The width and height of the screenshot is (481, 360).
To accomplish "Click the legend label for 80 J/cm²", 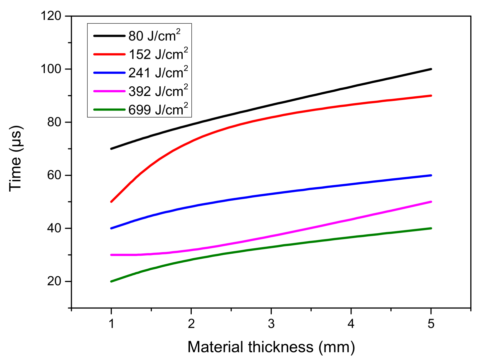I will point(154,36).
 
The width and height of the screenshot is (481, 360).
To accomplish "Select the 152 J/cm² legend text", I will point(158,54).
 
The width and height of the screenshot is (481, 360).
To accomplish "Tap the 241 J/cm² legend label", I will point(158,72).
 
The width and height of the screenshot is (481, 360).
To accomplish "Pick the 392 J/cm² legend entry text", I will point(158,91).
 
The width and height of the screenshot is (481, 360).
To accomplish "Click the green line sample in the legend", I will point(109,110).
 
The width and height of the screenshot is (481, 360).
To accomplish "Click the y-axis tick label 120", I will point(51,16).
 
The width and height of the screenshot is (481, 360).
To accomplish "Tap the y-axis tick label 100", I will point(51,69).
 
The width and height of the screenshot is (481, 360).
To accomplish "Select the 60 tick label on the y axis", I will point(54,175).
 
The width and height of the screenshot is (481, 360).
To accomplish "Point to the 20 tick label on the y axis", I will point(54,281).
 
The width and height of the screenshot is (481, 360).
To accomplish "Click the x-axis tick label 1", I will point(111,323).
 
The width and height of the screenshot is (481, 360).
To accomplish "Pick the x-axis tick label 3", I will point(271,323).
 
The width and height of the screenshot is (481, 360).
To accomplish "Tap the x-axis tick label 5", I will point(431,323).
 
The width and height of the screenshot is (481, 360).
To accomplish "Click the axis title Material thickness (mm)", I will point(271,347).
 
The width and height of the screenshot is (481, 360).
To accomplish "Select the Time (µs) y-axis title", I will point(15,158).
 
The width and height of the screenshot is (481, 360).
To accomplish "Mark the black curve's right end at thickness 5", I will point(431,69).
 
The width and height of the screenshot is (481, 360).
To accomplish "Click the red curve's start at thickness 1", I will point(111,202).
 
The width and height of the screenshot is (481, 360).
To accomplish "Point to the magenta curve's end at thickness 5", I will point(431,202).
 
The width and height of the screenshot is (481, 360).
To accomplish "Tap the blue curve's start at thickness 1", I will point(111,228).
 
